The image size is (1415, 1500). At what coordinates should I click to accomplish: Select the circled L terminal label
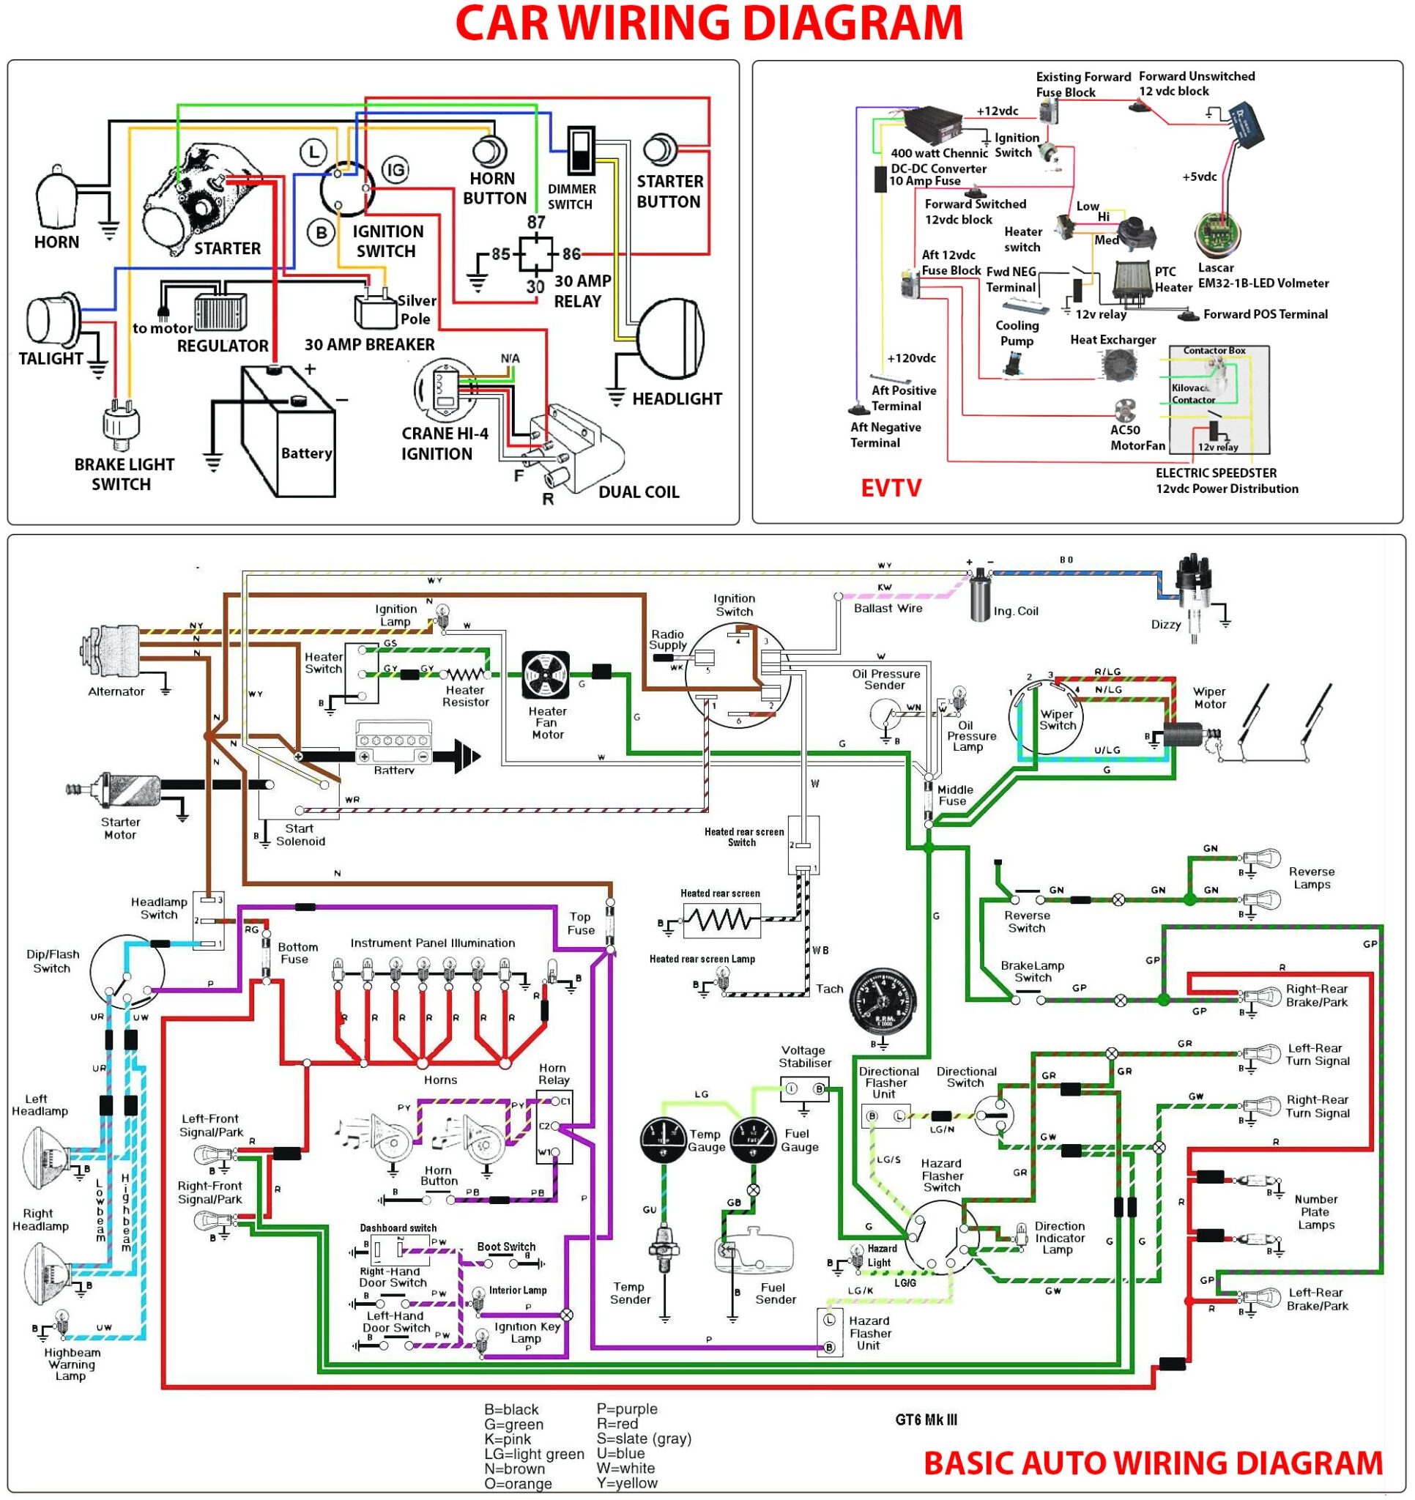(313, 152)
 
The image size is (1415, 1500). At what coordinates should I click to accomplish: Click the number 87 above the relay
(536, 222)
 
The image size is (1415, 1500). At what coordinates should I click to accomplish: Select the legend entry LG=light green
(533, 1453)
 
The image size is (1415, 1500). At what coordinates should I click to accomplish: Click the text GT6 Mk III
(926, 1419)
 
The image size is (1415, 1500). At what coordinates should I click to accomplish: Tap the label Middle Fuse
(954, 795)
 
